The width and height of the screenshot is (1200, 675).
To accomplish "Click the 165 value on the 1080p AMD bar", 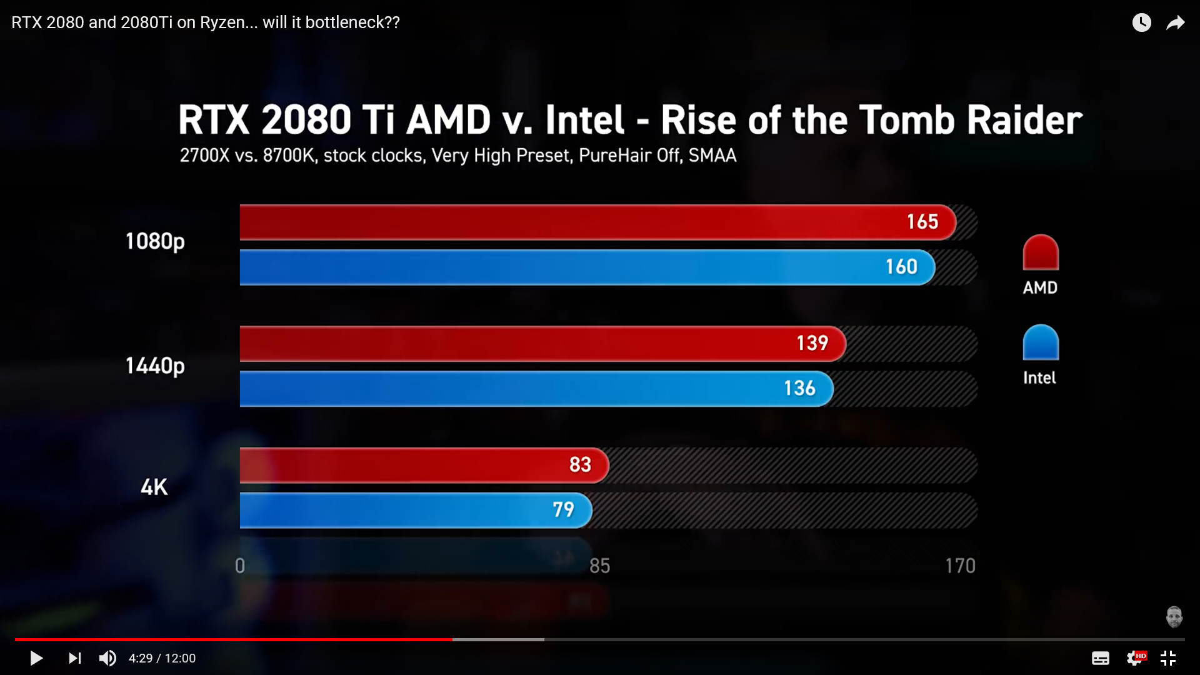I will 922,222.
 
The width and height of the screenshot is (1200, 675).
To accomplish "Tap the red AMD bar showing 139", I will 542,344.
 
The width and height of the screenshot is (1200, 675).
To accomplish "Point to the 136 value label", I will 799,389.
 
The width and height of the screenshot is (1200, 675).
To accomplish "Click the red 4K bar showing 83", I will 423,465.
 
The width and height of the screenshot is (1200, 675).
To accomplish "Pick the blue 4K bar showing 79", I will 415,510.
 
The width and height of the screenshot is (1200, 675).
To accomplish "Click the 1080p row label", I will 155,241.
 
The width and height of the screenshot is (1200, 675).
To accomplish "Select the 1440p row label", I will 155,366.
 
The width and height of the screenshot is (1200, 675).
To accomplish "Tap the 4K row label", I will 154,487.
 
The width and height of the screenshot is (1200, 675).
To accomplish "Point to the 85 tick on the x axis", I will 599,566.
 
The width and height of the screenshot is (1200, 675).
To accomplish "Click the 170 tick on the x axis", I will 960,566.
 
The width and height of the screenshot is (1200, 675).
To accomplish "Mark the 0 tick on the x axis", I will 240,566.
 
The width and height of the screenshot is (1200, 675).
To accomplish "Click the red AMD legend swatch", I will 1041,252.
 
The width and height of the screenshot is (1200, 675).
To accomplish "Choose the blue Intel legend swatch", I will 1041,342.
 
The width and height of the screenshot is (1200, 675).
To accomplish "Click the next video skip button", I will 74,658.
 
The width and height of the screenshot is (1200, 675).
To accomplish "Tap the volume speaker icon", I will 107,658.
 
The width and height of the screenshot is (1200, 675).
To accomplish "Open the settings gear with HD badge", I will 1135,658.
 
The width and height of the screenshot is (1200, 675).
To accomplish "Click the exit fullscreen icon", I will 1168,658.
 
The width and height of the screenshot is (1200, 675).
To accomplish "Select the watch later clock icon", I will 1141,23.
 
